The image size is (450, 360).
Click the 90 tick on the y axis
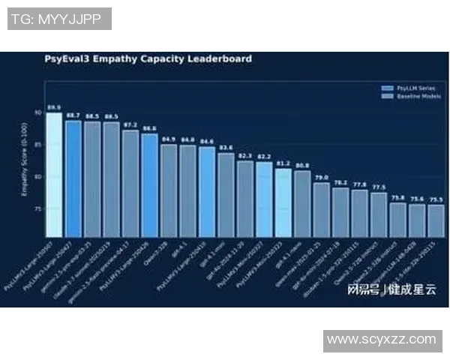click(x=37, y=112)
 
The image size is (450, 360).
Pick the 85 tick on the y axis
click(x=37, y=145)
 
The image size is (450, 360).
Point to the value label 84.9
click(x=168, y=139)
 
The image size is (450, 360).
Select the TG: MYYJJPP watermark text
click(x=60, y=19)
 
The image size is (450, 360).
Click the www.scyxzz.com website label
click(x=382, y=340)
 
